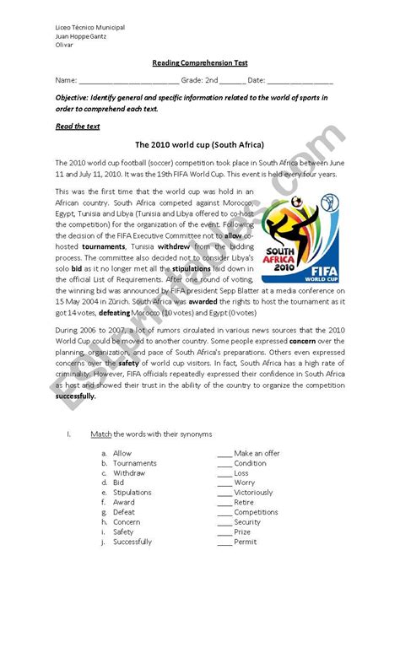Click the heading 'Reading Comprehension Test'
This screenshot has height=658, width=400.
click(200, 63)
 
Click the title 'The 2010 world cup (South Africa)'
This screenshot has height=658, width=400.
click(199, 145)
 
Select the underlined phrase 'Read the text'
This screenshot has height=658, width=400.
click(78, 127)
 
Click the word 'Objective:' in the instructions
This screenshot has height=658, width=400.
click(72, 98)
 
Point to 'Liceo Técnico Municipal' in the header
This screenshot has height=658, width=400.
click(89, 28)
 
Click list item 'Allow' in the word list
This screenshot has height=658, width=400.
click(122, 454)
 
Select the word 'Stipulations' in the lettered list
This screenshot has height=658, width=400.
click(132, 493)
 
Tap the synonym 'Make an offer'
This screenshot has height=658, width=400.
click(257, 454)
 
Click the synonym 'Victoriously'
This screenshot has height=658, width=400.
click(253, 493)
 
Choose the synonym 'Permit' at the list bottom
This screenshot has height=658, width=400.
click(245, 542)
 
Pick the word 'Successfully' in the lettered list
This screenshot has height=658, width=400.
click(132, 542)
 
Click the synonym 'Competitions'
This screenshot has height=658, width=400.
click(256, 512)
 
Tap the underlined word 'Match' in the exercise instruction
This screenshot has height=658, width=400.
click(100, 434)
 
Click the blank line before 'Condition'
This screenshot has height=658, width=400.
click(224, 464)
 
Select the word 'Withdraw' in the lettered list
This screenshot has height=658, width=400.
click(129, 473)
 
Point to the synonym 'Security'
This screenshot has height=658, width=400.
click(247, 522)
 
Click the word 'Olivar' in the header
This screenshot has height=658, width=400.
click(64, 45)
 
